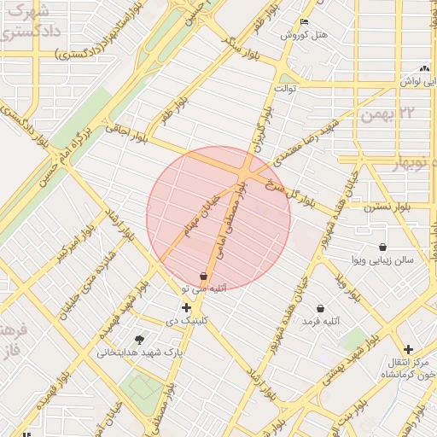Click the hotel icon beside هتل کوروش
tap(304, 22)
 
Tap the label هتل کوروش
tap(305, 35)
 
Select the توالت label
tap(284, 87)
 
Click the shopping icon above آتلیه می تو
tap(203, 276)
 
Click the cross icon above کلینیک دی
tap(186, 307)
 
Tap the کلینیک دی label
tap(185, 322)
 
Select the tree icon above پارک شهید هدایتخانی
tap(140, 339)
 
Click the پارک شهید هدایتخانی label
tap(139, 352)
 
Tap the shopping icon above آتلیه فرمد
tap(320, 308)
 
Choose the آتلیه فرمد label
tap(321, 321)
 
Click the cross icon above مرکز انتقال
tap(409, 349)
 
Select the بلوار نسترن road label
tap(391, 207)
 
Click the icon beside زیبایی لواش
tap(424, 68)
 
